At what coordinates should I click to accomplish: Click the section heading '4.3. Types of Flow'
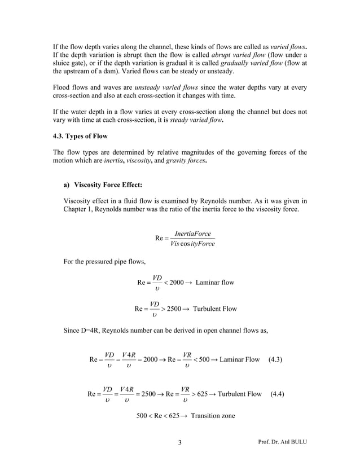pyautogui.click(x=79, y=137)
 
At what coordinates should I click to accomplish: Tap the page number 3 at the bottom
pyautogui.click(x=179, y=442)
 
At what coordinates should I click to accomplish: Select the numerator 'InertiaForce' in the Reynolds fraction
pyautogui.click(x=193, y=234)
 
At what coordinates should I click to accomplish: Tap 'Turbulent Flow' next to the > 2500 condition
pyautogui.click(x=215, y=309)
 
